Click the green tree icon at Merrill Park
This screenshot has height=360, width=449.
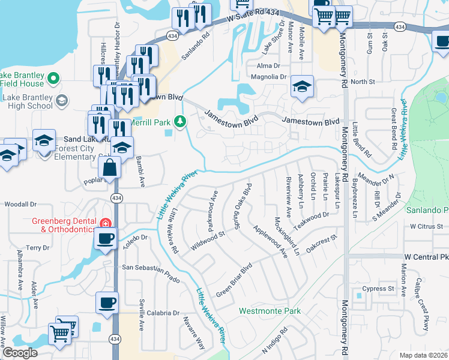(179, 122)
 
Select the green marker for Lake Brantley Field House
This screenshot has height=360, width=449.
(53, 78)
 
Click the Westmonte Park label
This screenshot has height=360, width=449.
(270, 311)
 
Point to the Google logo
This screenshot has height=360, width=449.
(20, 353)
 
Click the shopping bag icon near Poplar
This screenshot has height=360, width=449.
(110, 168)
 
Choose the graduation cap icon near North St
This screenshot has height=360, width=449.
(303, 86)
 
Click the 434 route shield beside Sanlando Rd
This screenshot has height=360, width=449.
(172, 37)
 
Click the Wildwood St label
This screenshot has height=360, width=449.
(207, 241)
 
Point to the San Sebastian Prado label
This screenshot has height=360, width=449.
(151, 274)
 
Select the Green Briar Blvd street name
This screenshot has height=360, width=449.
(233, 280)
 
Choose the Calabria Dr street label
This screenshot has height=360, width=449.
(160, 313)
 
